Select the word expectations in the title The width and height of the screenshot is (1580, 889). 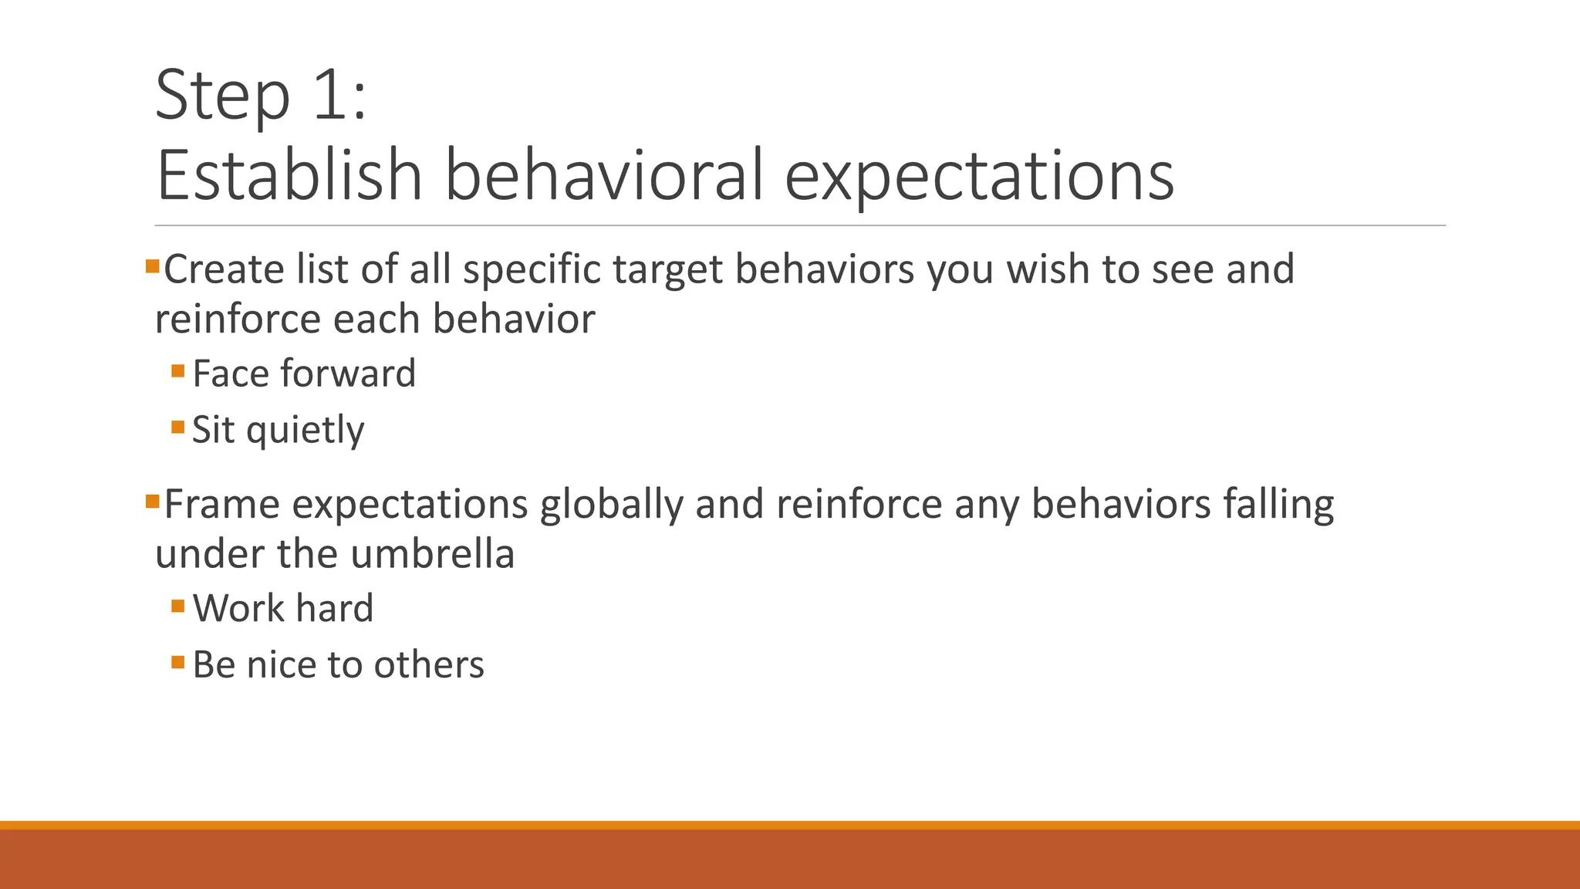coord(979,177)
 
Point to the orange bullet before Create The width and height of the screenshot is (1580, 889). coord(152,267)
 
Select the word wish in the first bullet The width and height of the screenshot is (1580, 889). coord(1048,269)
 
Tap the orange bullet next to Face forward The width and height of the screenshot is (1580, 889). coord(178,371)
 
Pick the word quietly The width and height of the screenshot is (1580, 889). coord(305,431)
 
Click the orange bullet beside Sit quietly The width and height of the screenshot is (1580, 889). coord(178,427)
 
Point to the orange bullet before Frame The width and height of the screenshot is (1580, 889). coord(152,502)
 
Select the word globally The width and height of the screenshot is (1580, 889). coord(611,505)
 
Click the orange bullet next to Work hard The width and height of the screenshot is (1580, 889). coord(178,606)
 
